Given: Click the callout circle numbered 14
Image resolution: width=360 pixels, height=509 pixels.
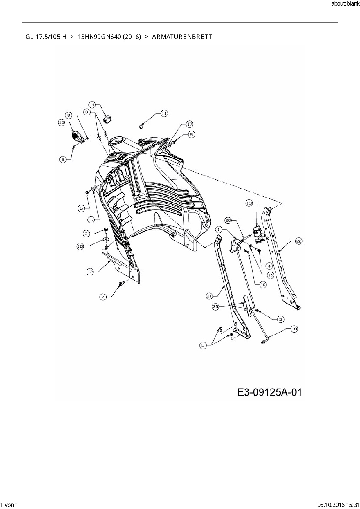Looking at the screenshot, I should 92,104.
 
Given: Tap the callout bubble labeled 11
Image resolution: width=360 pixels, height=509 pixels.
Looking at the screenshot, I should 164,113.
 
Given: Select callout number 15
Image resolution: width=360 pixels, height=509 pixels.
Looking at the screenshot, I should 61,123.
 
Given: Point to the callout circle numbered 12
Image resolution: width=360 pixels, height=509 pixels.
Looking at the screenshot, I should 90,272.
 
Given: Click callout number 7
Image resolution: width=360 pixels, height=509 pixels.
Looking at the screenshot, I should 103,297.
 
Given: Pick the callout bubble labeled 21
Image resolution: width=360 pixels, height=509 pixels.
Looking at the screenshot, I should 209,296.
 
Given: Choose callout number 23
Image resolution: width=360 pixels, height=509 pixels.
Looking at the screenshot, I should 216,306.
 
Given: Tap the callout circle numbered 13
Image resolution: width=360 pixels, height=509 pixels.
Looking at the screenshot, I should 249,203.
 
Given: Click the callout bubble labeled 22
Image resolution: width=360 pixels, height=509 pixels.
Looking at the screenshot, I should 299,241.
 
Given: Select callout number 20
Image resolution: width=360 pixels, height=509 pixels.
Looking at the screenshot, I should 228,221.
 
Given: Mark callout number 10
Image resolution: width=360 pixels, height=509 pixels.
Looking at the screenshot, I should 263,285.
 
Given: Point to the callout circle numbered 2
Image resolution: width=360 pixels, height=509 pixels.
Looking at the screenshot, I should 280,319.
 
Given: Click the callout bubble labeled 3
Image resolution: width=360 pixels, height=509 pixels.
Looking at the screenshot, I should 86,233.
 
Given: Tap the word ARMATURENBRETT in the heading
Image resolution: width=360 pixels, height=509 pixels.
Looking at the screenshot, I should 182,37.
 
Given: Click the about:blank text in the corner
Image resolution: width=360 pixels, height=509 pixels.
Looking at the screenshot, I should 345,4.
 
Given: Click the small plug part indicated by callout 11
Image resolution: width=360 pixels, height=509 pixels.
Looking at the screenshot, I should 141,126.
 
